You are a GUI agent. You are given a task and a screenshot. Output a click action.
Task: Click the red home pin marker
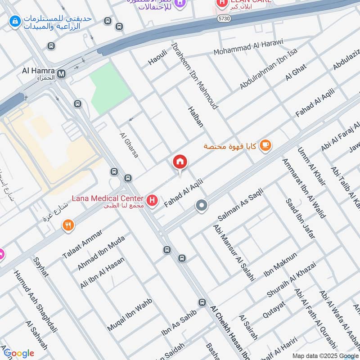(x=180, y=162)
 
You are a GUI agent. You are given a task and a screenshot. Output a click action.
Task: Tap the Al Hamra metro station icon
(x=61, y=72)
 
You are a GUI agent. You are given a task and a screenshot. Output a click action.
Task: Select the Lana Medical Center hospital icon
(x=153, y=200)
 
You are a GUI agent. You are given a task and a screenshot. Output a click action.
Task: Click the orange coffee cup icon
(x=266, y=145)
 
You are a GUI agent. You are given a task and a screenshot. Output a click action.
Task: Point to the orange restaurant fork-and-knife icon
(x=68, y=225)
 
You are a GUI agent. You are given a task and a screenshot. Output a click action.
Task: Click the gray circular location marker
(x=202, y=206)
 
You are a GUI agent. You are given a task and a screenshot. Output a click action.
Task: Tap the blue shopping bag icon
(x=15, y=21)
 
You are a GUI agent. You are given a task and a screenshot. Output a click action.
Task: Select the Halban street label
(x=195, y=117)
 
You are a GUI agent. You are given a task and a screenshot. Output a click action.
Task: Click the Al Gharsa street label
(x=129, y=144)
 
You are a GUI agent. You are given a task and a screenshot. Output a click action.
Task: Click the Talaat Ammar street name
(x=82, y=243)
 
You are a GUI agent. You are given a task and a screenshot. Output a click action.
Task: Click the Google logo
(x=18, y=353)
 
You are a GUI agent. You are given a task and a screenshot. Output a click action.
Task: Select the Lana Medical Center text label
(x=107, y=198)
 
